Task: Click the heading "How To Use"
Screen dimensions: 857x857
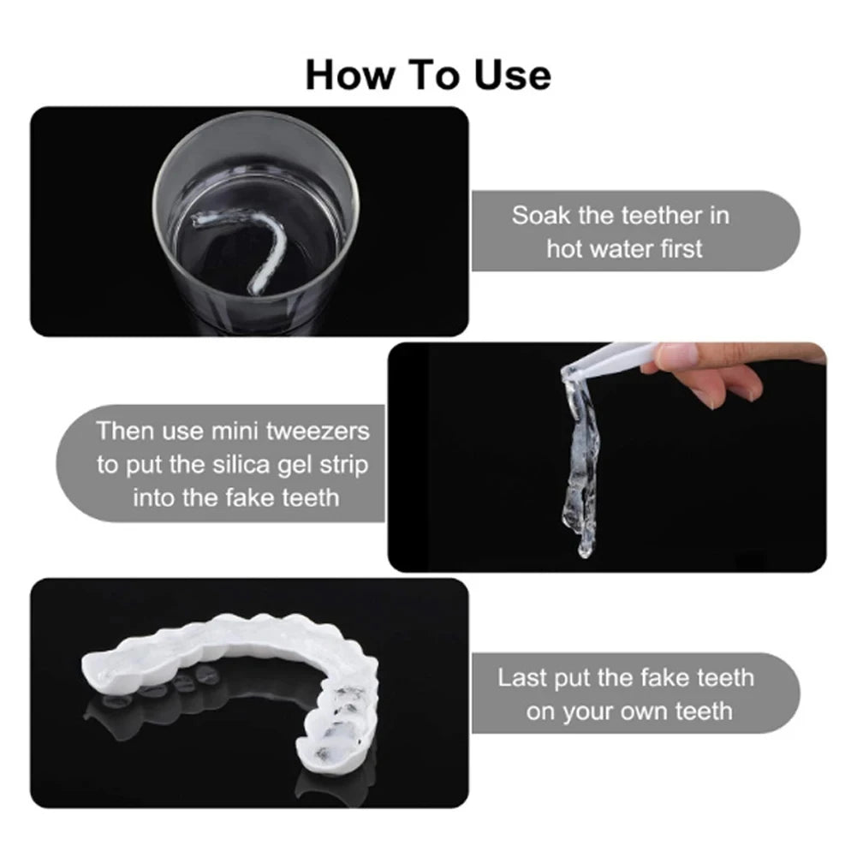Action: tap(428, 75)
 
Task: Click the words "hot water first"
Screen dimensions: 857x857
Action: tap(624, 249)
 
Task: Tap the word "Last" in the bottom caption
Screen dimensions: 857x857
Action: tap(521, 678)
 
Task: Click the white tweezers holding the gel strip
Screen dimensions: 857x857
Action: tap(616, 355)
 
